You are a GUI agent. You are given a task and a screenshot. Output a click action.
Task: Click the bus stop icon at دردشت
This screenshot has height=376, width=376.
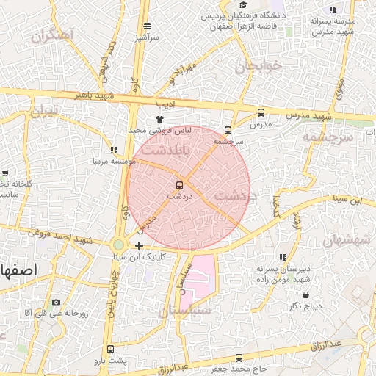[179, 185]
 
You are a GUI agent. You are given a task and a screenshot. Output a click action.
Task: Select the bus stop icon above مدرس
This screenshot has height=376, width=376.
[261, 113]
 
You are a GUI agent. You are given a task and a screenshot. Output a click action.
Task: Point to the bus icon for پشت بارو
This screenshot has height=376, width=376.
[110, 350]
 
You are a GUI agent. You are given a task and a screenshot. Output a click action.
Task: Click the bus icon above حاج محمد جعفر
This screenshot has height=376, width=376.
[239, 358]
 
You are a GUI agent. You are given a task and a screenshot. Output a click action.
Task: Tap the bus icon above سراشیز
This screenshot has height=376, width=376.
[147, 26]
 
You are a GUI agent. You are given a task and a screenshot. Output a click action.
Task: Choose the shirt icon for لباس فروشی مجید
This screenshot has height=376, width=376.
[159, 118]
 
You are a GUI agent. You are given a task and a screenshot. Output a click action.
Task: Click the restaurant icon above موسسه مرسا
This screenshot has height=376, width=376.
[112, 149]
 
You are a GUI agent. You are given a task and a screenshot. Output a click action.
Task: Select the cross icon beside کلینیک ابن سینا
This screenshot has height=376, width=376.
[140, 245]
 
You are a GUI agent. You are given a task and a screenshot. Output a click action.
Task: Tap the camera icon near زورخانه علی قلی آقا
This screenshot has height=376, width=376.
[57, 303]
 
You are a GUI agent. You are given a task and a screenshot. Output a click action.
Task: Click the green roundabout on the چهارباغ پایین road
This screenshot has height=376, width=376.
[118, 245]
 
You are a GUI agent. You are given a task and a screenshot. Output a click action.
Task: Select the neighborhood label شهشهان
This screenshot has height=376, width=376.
[344, 240]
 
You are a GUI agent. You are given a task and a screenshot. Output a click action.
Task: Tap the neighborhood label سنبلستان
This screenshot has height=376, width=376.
[184, 311]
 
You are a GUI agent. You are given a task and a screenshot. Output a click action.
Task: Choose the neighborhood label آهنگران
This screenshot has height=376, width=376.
[53, 35]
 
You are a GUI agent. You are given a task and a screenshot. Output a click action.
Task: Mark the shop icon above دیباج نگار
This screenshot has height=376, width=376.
[297, 293]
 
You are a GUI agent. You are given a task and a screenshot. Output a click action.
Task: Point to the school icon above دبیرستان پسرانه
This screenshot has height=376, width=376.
[283, 257]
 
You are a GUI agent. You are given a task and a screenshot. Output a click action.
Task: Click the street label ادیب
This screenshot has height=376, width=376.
[167, 104]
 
